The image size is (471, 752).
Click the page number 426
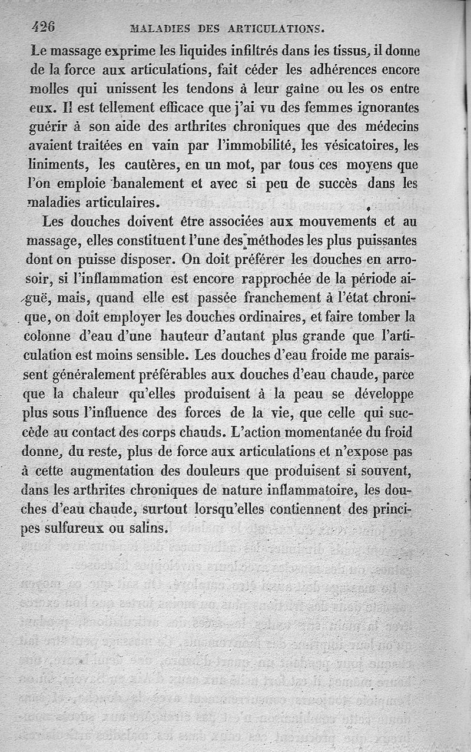44,26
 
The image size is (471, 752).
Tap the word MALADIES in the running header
158,28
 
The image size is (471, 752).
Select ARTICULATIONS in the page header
275,28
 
